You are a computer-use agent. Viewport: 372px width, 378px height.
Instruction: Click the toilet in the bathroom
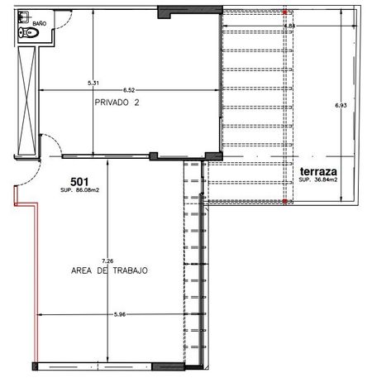point(28,33)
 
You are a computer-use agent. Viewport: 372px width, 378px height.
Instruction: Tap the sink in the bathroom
point(23,17)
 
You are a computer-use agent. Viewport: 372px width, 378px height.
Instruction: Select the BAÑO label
point(40,23)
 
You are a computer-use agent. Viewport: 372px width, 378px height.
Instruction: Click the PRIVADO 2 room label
point(117,103)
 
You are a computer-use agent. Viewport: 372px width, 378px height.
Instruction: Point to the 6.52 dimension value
point(129,90)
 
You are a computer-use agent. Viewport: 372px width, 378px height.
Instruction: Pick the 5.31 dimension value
point(93,83)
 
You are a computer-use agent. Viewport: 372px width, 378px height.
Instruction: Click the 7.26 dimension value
point(107,261)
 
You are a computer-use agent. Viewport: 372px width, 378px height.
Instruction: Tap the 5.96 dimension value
point(120,314)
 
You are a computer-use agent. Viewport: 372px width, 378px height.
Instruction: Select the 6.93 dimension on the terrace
point(341,105)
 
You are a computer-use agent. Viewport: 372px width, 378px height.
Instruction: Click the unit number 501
point(79,182)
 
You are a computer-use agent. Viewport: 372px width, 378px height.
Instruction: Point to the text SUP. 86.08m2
point(79,190)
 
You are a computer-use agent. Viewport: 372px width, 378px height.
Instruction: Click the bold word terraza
point(318,171)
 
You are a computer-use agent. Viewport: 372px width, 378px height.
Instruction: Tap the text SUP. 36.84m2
point(318,179)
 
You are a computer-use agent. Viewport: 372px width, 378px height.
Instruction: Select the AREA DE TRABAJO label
point(109,270)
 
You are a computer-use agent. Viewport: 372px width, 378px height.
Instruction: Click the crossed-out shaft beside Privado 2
point(26,101)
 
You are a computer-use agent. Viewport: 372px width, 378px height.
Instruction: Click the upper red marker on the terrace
point(285,12)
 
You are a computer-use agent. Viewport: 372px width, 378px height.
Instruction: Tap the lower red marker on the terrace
point(285,201)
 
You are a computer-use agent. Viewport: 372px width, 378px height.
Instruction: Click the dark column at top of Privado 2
point(190,12)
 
